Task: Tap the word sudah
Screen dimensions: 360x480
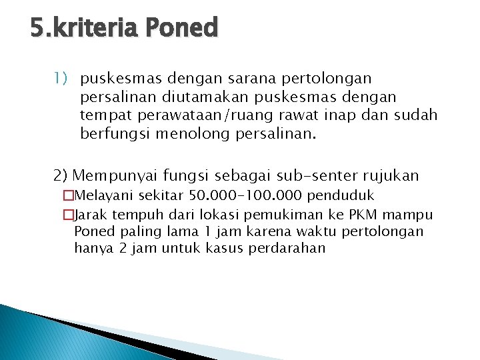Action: pyautogui.click(x=417, y=115)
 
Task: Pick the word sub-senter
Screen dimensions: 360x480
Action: pyautogui.click(x=315, y=176)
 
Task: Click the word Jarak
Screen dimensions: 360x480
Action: pyautogui.click(x=92, y=215)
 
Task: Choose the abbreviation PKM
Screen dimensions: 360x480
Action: pyautogui.click(x=360, y=215)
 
